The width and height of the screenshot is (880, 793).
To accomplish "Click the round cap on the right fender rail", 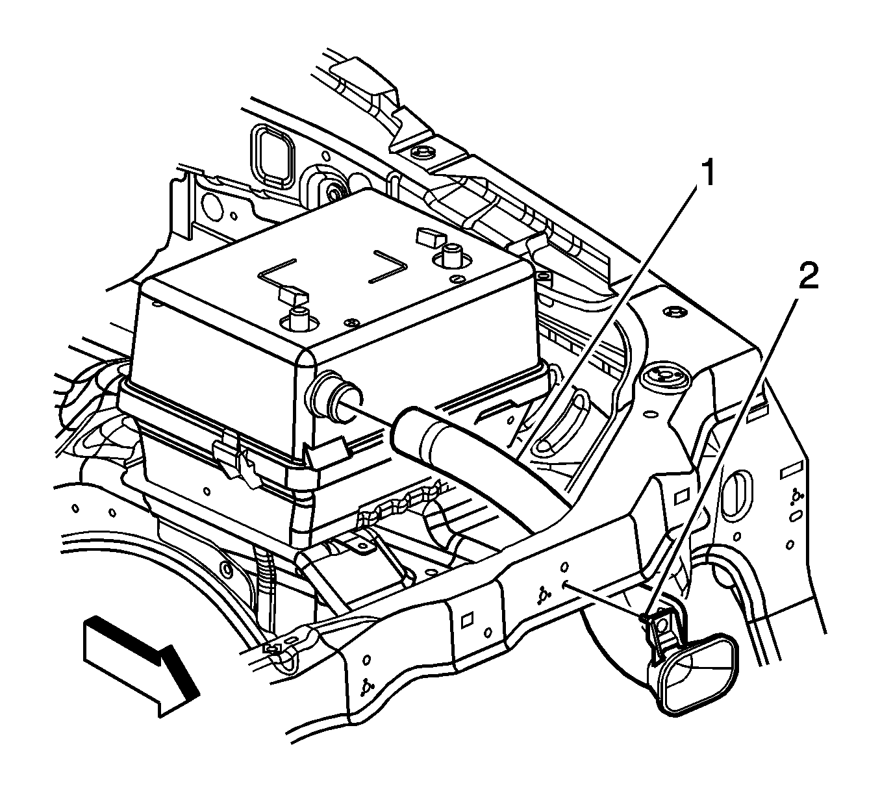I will pyautogui.click(x=662, y=375).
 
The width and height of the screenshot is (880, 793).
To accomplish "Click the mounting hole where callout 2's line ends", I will pyautogui.click(x=564, y=584).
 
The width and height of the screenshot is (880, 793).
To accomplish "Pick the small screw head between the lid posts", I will pyautogui.click(x=353, y=323).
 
